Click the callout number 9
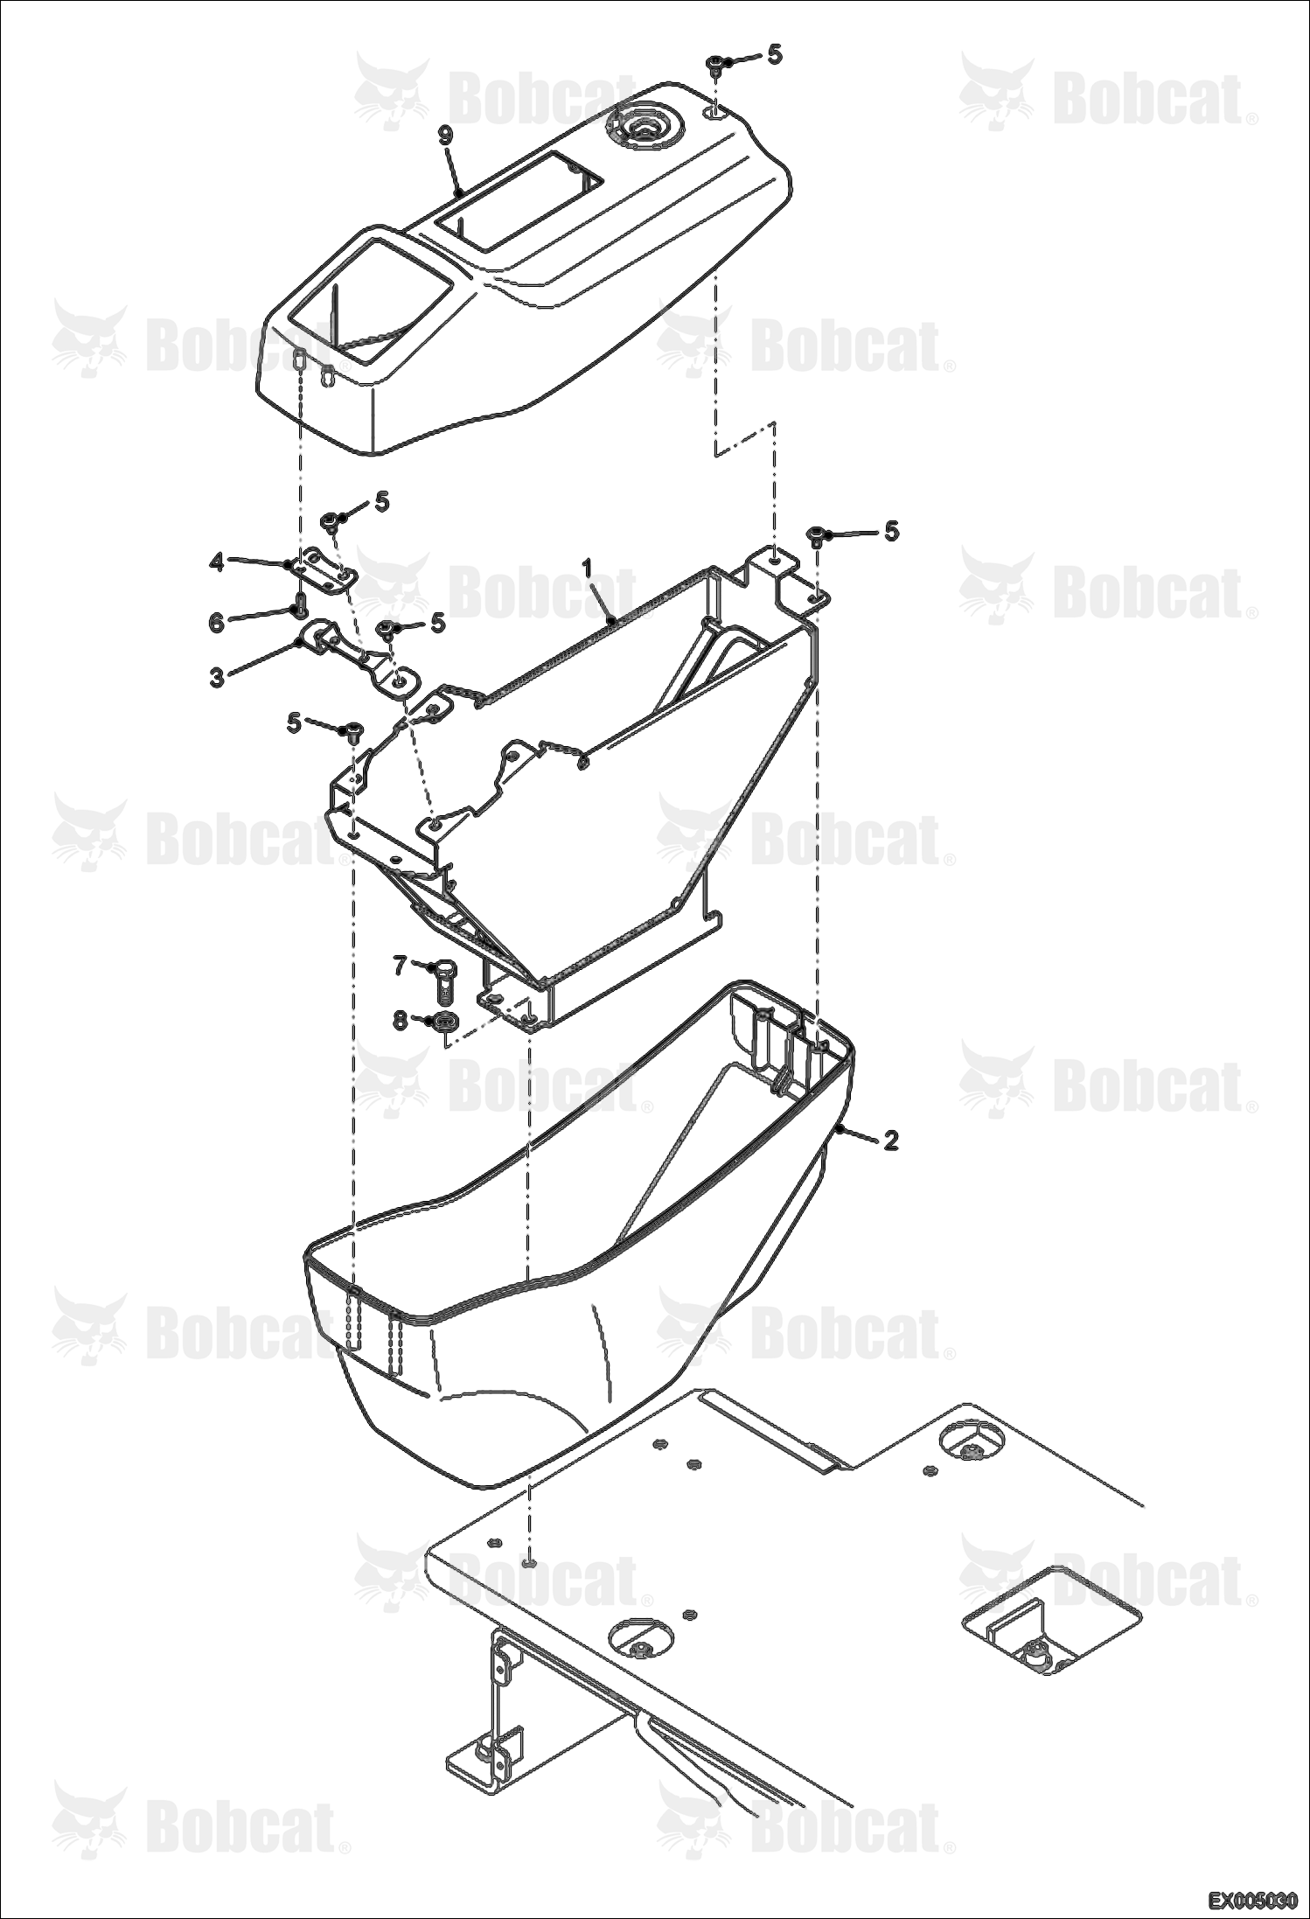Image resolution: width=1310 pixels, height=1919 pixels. [x=446, y=135]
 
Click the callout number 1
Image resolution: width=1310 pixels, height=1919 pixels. [x=588, y=569]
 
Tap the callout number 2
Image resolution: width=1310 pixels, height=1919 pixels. [x=890, y=1140]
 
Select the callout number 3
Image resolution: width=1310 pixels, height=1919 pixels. [x=217, y=676]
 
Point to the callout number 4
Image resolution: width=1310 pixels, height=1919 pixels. [x=217, y=561]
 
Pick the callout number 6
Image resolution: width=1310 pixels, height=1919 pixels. [x=217, y=623]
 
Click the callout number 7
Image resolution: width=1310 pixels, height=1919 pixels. [x=400, y=966]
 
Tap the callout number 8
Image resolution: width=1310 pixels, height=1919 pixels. [x=400, y=1021]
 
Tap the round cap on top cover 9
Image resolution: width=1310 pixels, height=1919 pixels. [x=645, y=126]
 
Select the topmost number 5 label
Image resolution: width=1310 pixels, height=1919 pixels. [x=775, y=54]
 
